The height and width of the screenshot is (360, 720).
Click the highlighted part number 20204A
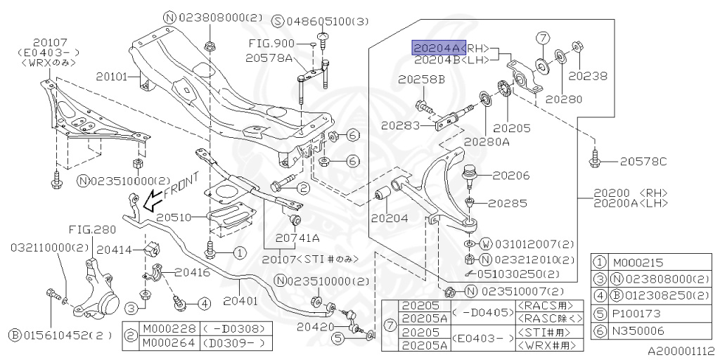436,47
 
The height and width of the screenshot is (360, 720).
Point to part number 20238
587,76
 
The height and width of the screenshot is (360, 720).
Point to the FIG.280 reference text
91,229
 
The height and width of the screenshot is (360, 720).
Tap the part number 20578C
643,162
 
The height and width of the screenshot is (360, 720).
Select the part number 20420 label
311,327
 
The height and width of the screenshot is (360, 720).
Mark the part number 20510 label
174,217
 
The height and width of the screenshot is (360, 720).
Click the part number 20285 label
507,203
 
